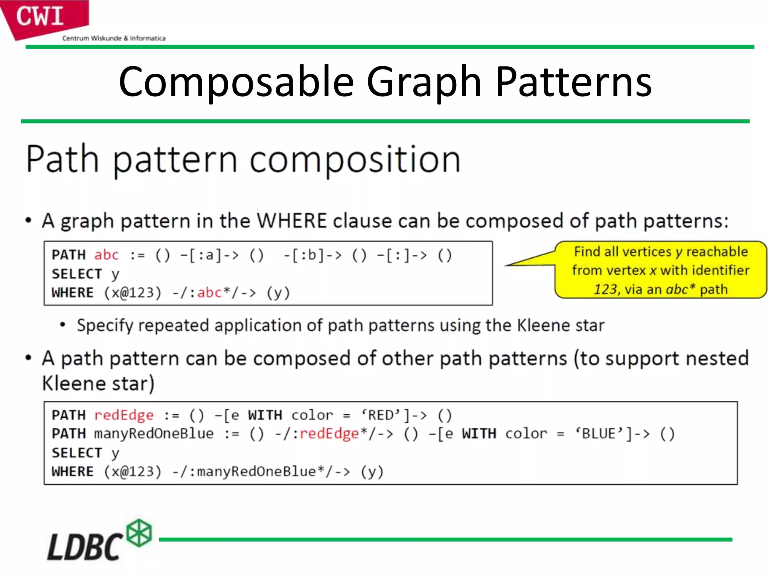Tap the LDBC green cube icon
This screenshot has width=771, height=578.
[139, 533]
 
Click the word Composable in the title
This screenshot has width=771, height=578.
[236, 82]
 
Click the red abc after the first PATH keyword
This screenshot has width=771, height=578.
[107, 255]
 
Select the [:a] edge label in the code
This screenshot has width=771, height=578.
[204, 255]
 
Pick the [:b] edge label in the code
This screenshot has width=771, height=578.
[308, 255]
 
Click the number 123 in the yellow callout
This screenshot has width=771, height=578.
[605, 289]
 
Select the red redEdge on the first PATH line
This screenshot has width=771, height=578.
[124, 415]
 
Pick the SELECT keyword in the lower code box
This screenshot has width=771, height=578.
[77, 453]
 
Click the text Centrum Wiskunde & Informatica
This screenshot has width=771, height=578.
[114, 38]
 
